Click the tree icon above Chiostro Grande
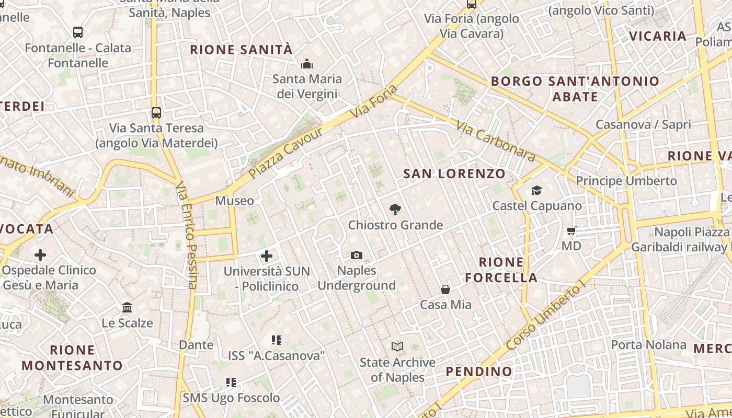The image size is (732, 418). pyautogui.click(x=395, y=210)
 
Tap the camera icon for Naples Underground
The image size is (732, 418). pyautogui.click(x=357, y=255)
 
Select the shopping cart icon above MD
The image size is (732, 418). pyautogui.click(x=571, y=230)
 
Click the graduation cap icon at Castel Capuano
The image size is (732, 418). pyautogui.click(x=536, y=190)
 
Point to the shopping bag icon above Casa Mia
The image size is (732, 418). pyautogui.click(x=445, y=289)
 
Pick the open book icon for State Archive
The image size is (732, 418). pyautogui.click(x=397, y=346)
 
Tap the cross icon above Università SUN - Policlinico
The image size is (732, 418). pyautogui.click(x=267, y=256)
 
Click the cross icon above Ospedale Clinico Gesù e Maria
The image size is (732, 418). pyautogui.click(x=40, y=255)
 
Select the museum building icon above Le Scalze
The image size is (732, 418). pyautogui.click(x=127, y=308)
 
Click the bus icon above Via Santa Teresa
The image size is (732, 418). pyautogui.click(x=156, y=112)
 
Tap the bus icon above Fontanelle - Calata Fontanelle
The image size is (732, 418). pyautogui.click(x=78, y=32)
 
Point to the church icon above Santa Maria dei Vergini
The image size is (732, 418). pyautogui.click(x=307, y=64)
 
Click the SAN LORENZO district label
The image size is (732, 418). pyautogui.click(x=454, y=174)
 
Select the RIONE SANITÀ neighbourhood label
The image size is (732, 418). pyautogui.click(x=241, y=50)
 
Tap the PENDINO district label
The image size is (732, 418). pyautogui.click(x=479, y=371)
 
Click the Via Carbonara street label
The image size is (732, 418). pyautogui.click(x=495, y=141)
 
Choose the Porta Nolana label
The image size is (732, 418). pyautogui.click(x=648, y=345)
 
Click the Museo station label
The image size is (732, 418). pyautogui.click(x=234, y=201)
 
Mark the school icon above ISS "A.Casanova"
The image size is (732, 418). pyautogui.click(x=277, y=341)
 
